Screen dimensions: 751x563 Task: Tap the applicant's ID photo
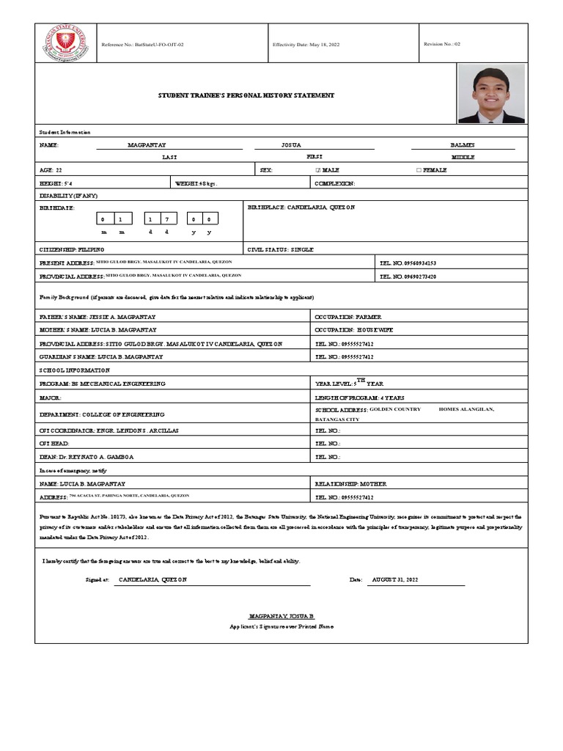(x=491, y=93)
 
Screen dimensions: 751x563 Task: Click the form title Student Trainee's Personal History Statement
(x=247, y=95)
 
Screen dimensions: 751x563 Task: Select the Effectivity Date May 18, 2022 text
(x=306, y=44)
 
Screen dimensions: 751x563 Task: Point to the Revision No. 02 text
(x=442, y=44)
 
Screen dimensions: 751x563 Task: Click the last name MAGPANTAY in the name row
(x=148, y=145)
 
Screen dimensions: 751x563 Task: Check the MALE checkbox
(x=317, y=169)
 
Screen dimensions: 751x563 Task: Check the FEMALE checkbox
(x=419, y=169)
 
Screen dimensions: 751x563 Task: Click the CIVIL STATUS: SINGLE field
(x=281, y=249)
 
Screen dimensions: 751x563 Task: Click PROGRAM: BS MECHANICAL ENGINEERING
(x=102, y=384)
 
